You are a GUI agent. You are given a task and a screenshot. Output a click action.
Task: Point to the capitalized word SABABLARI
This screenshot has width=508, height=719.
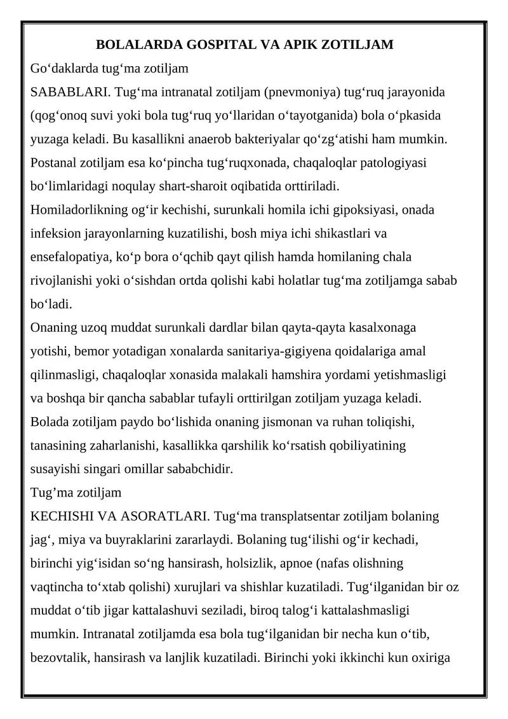pyautogui.click(x=70, y=93)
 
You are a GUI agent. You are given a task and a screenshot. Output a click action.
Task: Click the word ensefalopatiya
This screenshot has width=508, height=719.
pyautogui.click(x=70, y=257)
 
